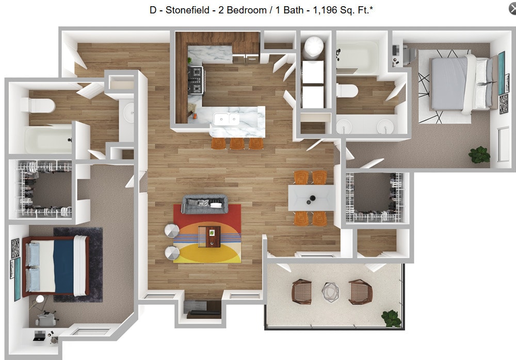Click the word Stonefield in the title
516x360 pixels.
(186, 9)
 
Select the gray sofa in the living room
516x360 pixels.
(205, 204)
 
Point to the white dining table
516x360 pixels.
(311, 197)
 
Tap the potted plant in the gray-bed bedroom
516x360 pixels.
(479, 154)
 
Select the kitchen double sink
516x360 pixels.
(227, 120)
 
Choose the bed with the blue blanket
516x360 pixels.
(56, 266)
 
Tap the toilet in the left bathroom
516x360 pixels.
(39, 106)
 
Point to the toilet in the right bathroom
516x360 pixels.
(347, 91)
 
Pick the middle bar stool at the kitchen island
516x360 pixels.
(237, 143)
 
